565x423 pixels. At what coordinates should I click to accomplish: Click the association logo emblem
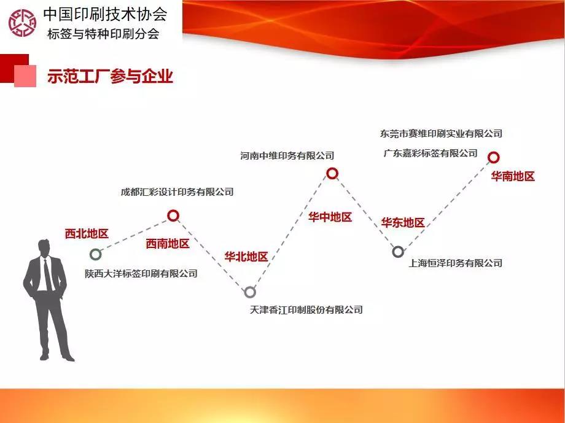tap(22, 23)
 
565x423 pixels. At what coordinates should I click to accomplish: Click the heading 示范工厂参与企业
tap(110, 76)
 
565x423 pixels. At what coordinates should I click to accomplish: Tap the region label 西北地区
tap(87, 233)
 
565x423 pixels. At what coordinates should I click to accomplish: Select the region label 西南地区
tap(168, 244)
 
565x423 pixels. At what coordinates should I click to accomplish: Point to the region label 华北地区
tap(246, 257)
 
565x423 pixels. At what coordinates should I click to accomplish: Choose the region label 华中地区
tap(330, 217)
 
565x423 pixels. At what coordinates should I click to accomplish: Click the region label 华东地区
tap(403, 222)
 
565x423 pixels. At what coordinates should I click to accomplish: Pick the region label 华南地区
tap(513, 176)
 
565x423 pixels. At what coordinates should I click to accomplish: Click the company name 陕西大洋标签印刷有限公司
tap(141, 273)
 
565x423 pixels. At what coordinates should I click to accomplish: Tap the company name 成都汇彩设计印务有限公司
tap(177, 192)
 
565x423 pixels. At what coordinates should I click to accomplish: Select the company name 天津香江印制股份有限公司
tap(306, 309)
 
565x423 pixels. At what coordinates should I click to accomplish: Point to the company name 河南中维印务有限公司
tap(287, 156)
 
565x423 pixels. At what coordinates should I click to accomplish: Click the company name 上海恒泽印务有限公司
tap(455, 263)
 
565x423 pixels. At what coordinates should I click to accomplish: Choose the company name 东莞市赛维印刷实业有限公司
tap(441, 134)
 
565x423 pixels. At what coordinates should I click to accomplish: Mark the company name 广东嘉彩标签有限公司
tap(431, 153)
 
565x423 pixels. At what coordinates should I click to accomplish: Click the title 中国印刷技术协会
tap(105, 14)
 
